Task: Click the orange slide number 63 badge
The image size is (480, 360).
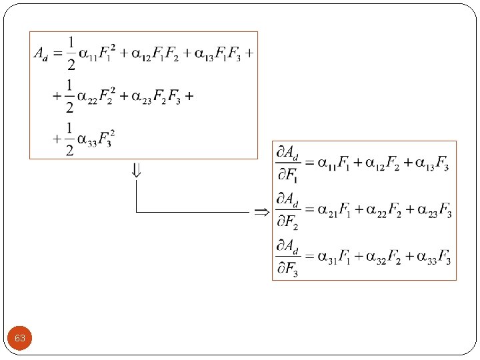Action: coord(20,339)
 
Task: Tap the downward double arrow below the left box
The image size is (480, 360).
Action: coord(136,171)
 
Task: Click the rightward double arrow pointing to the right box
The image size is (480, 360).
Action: coord(261,212)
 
